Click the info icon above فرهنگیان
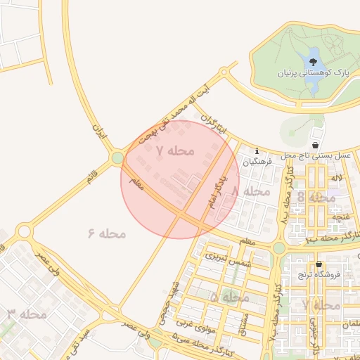pyautogui.click(x=257, y=150)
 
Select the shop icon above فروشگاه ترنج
pyautogui.click(x=319, y=264)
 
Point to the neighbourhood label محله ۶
pyautogui.click(x=107, y=233)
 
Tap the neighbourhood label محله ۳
pyautogui.click(x=27, y=314)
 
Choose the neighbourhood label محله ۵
pyautogui.click(x=230, y=298)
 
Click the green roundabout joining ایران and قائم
pyautogui.click(x=117, y=159)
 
